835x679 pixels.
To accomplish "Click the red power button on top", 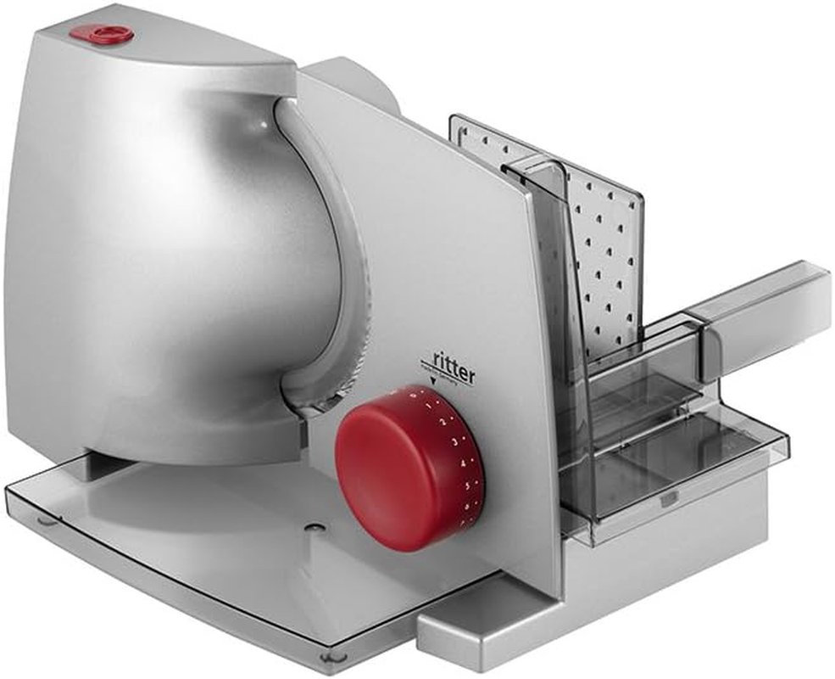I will click(x=102, y=34).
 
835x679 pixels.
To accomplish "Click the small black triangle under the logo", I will click(x=433, y=389).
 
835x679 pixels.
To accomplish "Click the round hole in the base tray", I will click(x=315, y=527).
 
